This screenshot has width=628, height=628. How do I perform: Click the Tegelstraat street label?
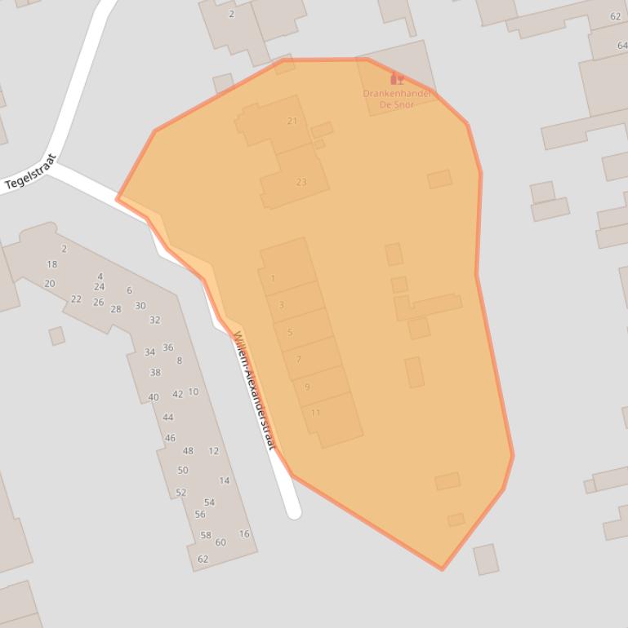(30, 172)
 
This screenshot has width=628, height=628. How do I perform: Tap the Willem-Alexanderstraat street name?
(255, 390)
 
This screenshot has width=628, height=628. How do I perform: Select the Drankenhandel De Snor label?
(397, 99)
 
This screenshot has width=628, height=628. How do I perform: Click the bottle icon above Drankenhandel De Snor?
(398, 79)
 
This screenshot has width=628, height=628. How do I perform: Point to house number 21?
(292, 121)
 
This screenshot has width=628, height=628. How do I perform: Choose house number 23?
(301, 182)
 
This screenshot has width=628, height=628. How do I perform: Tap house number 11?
(315, 413)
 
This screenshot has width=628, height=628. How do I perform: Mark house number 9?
(307, 387)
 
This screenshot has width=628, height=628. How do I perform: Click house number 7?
(299, 359)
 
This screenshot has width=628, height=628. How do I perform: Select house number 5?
(290, 333)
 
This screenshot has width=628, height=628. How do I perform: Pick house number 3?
(282, 305)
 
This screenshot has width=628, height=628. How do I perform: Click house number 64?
(622, 46)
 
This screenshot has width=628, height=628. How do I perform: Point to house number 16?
(244, 534)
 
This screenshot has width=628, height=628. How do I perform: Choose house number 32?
(155, 321)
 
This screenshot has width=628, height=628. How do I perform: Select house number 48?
(188, 451)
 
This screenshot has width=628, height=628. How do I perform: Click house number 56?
(200, 515)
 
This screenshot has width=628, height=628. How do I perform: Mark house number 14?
(224, 481)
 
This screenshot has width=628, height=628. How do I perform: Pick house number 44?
(168, 418)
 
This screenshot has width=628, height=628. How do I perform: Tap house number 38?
(155, 373)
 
